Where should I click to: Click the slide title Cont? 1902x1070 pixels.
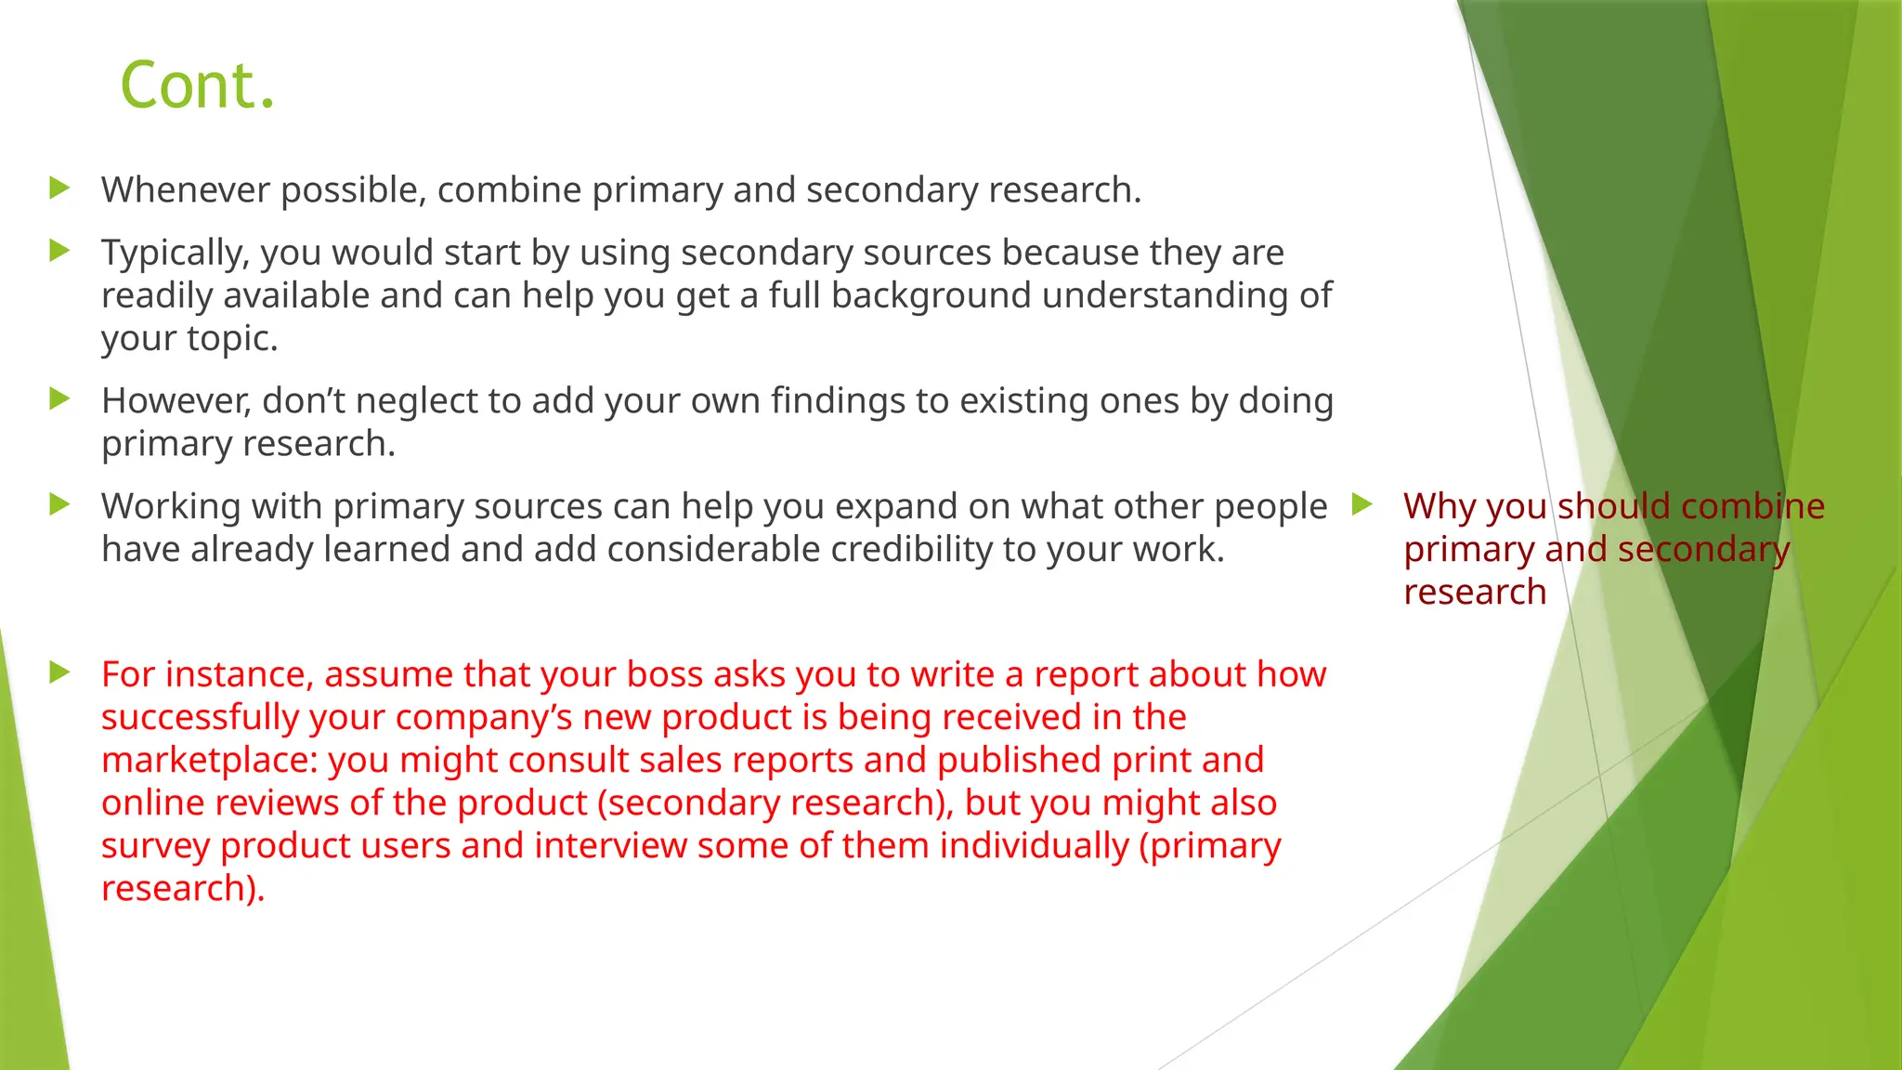198,85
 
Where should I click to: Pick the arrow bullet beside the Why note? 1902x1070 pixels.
1362,505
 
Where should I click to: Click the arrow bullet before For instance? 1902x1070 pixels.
60,672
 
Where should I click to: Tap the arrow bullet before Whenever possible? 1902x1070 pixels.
60,189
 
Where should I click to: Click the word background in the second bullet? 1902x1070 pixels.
931,295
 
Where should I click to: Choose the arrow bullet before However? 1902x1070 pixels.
60,399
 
